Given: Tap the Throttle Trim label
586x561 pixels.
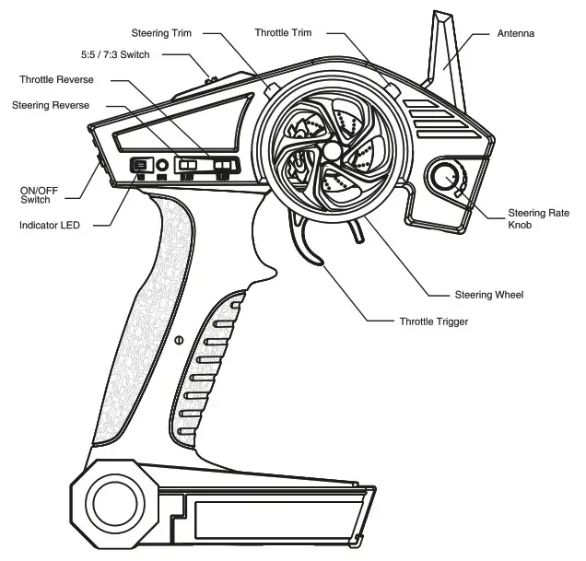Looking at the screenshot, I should (283, 33).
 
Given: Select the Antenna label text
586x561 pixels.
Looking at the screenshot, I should (516, 33).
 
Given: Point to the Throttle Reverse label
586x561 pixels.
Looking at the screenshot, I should (56, 80).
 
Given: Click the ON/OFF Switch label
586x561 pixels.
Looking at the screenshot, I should (35, 194).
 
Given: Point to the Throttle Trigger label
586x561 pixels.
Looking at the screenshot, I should (433, 321).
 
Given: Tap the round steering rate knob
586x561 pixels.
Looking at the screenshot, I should (447, 177).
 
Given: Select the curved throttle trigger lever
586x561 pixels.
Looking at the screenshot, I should (309, 241).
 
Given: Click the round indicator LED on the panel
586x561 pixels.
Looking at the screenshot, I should (162, 166).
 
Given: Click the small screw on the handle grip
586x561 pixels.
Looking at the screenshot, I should (178, 341).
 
